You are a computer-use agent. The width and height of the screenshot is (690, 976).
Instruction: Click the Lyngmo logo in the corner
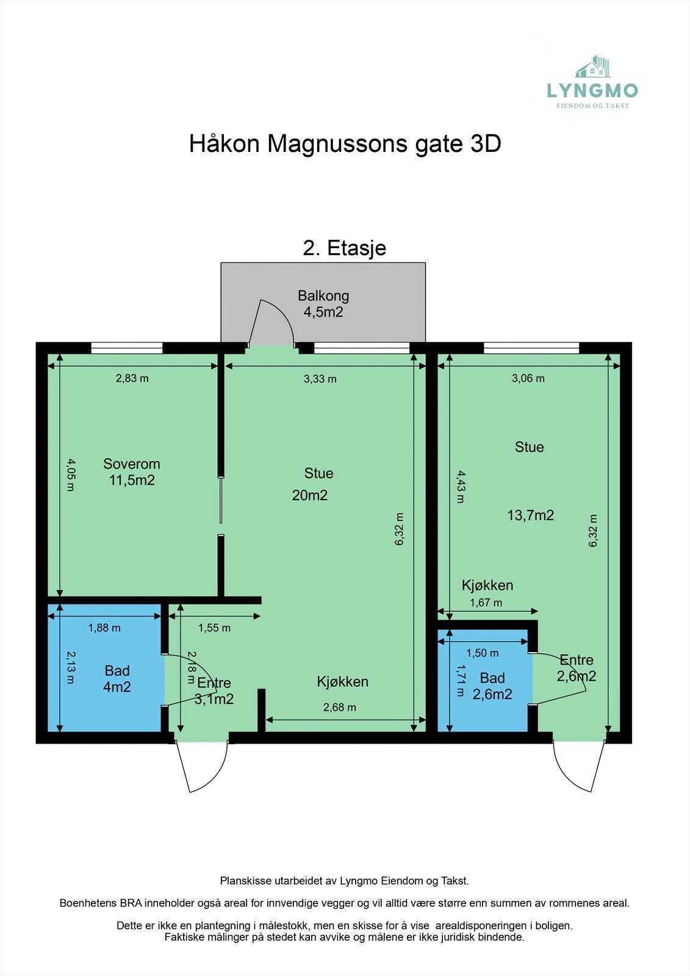point(592,83)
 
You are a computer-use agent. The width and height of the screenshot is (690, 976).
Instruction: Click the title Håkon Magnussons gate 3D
point(345,144)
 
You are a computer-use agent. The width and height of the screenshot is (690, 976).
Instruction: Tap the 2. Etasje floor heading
point(345,248)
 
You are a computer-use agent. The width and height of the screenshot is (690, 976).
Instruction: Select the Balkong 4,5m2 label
point(323,304)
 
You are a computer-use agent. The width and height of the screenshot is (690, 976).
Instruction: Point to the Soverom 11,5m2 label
point(132,472)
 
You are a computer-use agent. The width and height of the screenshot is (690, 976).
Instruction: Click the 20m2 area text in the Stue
point(310,495)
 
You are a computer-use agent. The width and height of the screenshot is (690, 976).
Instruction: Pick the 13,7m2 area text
point(531,515)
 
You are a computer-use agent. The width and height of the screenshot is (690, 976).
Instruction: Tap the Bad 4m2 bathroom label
point(117,679)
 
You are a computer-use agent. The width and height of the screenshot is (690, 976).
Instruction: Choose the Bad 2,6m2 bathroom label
point(492,686)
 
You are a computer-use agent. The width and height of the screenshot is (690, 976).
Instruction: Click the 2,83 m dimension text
point(132,378)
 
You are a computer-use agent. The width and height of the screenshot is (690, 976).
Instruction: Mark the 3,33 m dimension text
point(320,379)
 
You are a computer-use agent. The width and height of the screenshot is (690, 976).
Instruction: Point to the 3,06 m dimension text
point(528,378)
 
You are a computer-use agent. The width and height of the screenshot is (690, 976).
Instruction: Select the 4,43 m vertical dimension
point(461,486)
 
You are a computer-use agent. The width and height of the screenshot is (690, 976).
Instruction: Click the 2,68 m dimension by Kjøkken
point(340,708)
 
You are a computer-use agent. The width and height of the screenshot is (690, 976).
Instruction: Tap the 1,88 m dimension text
point(104,628)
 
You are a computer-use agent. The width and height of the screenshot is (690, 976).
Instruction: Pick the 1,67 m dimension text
point(486,603)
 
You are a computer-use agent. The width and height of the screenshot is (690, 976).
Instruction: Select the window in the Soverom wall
point(127,348)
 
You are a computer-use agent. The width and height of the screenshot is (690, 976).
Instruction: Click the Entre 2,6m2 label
point(577,668)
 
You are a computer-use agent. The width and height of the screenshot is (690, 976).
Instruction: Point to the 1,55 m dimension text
point(214,628)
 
